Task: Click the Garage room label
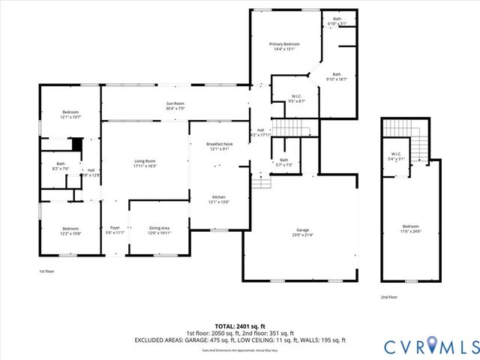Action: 302,232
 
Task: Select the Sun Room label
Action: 175,105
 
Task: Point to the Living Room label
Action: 145,163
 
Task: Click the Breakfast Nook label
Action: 220,145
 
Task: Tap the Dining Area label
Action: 159,230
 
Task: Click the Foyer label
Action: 115,230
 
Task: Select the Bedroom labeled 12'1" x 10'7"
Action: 70,114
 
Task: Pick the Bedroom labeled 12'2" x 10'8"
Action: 70,230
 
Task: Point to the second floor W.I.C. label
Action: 396,156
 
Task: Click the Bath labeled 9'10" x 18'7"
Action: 337,76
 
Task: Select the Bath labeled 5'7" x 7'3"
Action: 283,162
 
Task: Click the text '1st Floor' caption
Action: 46,271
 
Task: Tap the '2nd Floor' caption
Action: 389,297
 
